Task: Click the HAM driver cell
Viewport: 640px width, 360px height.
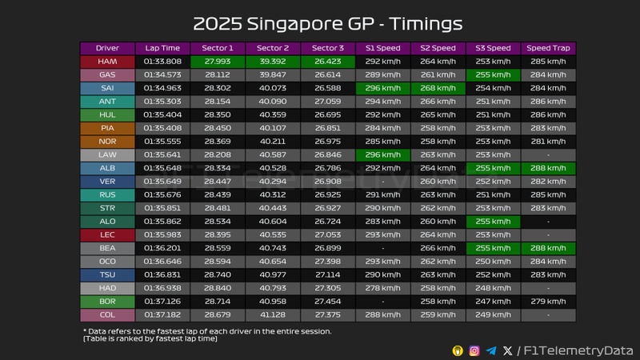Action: (x=106, y=62)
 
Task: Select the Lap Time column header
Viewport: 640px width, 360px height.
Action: (x=162, y=48)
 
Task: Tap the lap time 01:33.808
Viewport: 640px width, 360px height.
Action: (x=162, y=62)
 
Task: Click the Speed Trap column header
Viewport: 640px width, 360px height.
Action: (x=548, y=48)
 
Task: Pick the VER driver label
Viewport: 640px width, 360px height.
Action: (x=106, y=182)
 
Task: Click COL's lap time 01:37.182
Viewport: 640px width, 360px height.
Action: (x=162, y=315)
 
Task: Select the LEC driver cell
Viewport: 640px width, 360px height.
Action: (x=106, y=235)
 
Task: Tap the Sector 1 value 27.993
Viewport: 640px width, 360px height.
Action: (x=218, y=62)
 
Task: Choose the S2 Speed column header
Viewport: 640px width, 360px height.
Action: (x=438, y=48)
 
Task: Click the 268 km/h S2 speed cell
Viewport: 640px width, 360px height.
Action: (x=438, y=88)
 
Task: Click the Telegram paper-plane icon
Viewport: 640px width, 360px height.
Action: (x=491, y=350)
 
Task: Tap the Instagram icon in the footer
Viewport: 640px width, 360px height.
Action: (x=474, y=350)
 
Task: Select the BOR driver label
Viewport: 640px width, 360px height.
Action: (x=106, y=302)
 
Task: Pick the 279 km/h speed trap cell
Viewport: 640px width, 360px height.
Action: (x=548, y=302)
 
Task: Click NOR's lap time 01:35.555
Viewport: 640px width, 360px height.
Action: (x=162, y=142)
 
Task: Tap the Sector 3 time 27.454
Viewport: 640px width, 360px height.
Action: (x=327, y=302)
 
